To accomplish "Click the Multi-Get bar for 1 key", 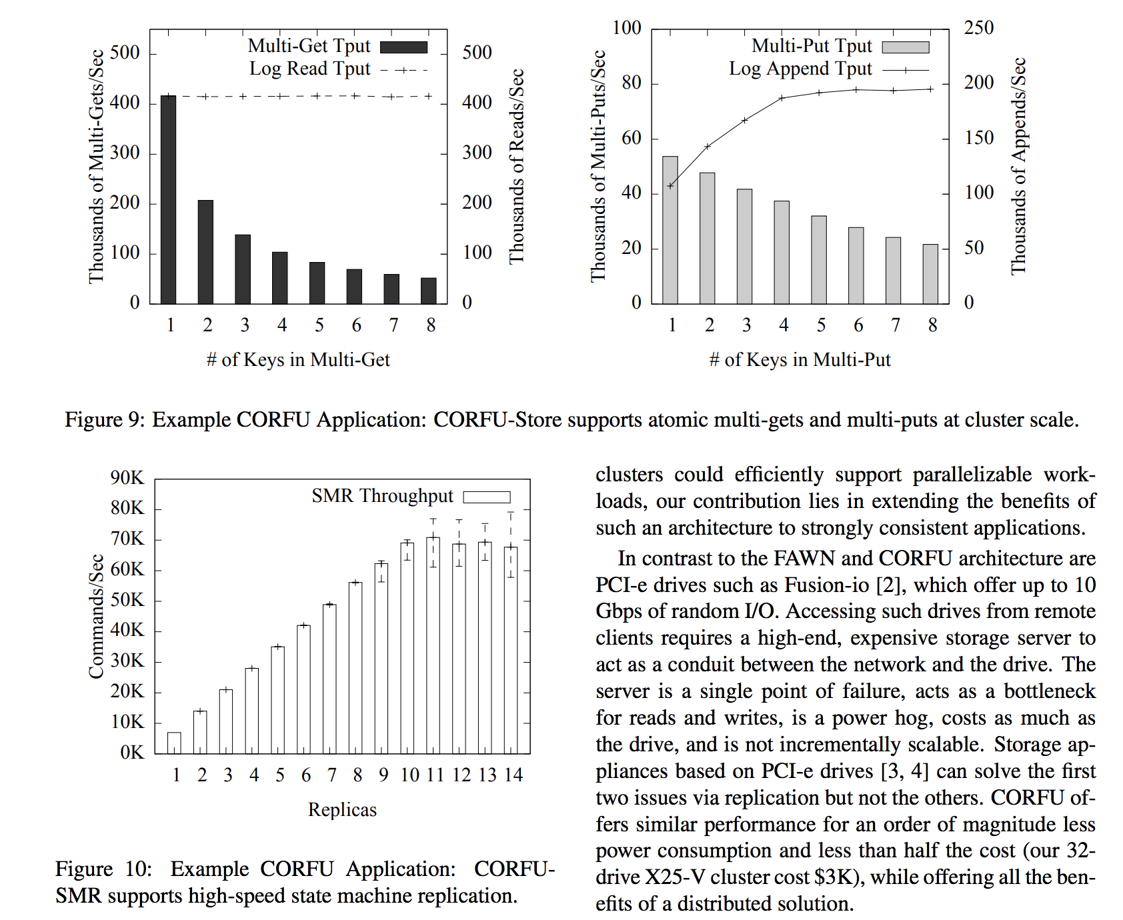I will (169, 200).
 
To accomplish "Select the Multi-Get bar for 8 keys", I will (429, 291).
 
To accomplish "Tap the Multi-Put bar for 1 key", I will (670, 230).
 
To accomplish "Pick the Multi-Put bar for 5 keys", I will (819, 260).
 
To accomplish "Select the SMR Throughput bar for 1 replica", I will (174, 743).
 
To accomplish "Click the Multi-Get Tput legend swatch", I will (403, 47).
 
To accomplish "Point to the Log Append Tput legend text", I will (800, 69).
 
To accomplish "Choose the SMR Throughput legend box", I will (487, 497).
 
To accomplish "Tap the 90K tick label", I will (127, 477).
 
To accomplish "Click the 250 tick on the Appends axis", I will (978, 28).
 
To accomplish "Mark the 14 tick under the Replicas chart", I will (513, 775).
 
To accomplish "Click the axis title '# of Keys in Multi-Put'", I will (800, 360).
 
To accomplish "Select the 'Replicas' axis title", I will (342, 809).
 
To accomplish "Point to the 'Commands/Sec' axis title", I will (97, 616).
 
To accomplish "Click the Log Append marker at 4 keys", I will (782, 98).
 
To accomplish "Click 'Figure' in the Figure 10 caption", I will (84, 869).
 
